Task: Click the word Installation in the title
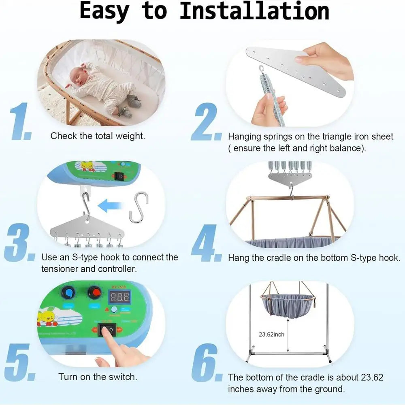pyautogui.click(x=254, y=11)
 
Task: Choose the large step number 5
pyautogui.click(x=18, y=362)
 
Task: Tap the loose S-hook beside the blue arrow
pyautogui.click(x=138, y=207)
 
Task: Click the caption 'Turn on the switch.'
pyautogui.click(x=98, y=377)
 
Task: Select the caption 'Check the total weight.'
pyautogui.click(x=98, y=136)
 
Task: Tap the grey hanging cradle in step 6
pyautogui.click(x=288, y=305)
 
